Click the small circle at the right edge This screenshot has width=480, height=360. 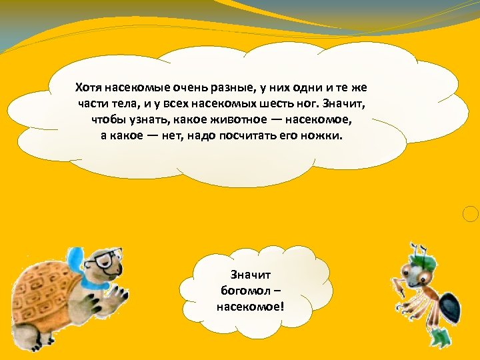(x=471, y=214)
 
